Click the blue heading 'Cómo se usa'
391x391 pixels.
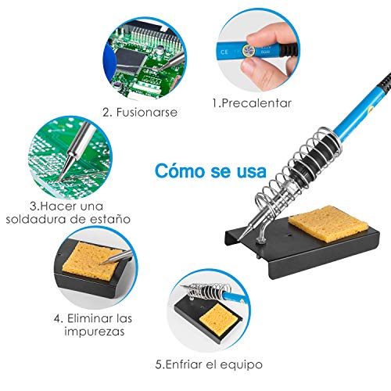[x=210, y=170]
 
